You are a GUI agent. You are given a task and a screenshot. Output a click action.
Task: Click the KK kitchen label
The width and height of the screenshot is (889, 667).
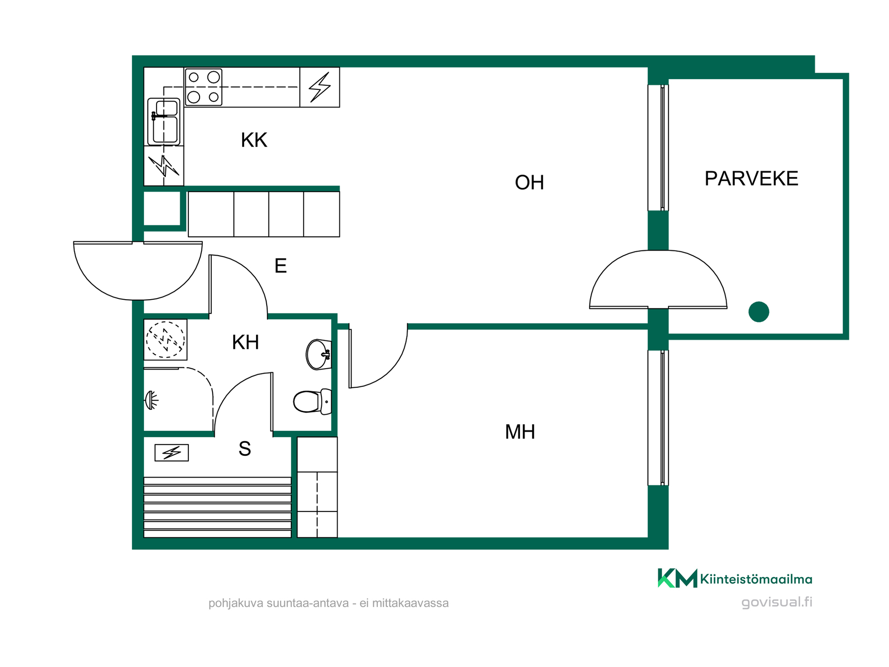pos(254,140)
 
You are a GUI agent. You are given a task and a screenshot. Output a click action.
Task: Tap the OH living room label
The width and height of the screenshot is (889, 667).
pos(529,182)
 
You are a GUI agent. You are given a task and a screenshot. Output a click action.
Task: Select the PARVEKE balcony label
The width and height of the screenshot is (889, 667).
pos(751,178)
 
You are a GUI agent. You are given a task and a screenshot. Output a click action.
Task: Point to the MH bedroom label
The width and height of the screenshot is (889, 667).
pos(520,432)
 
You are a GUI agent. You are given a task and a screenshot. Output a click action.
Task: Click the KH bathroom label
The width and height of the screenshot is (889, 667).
pos(245,342)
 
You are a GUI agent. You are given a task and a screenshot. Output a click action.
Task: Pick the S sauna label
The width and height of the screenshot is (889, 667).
pos(244,448)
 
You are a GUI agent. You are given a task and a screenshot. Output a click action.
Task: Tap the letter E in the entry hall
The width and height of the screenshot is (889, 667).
pos(281,266)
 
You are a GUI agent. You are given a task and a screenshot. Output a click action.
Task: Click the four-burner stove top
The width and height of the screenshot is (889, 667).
pos(203,87)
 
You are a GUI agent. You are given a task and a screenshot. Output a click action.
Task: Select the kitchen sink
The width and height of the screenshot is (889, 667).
pos(164,121)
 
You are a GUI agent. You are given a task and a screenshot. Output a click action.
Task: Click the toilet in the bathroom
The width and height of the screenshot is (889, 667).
pos(313,401)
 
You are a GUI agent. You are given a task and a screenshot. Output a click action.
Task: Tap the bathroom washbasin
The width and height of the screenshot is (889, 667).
pos(319,354)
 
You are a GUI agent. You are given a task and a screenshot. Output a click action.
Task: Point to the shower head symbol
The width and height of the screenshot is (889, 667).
pos(151,400)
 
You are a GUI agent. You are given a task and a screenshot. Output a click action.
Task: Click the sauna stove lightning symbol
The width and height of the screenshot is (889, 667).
pos(171,453)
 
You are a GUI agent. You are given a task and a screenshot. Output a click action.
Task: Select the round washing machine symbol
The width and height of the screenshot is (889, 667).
pos(165,340)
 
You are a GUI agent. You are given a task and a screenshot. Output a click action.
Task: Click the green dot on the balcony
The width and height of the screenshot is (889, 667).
pos(759,312)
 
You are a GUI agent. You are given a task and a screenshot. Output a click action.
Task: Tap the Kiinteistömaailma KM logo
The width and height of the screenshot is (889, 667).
pos(677,578)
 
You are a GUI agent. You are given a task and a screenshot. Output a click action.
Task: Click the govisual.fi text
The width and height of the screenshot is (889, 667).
pos(776,602)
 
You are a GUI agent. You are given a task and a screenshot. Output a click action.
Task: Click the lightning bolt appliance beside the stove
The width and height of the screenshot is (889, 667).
pos(319,87)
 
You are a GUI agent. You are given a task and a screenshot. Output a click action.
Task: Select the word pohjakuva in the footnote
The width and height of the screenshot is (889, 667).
pos(236,604)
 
